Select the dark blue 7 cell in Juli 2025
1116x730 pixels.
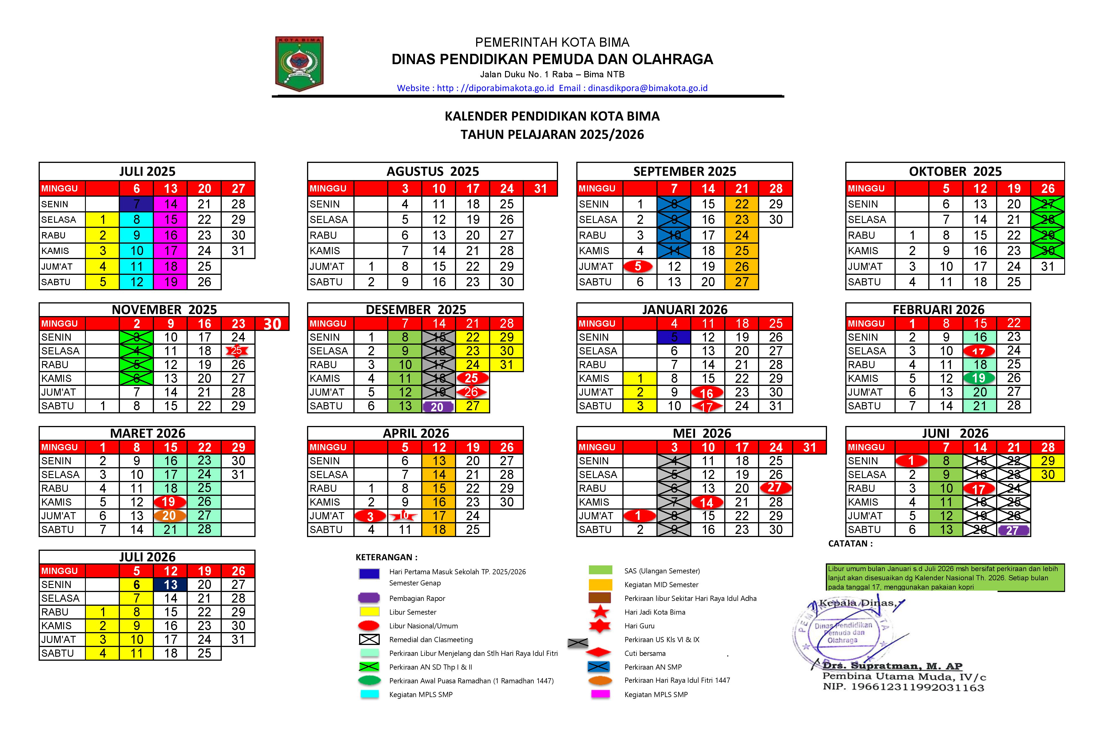(136, 204)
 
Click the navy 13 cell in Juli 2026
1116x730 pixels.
(170, 585)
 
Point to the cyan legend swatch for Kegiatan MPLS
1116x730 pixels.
(369, 694)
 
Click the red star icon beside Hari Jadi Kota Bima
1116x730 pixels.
(600, 612)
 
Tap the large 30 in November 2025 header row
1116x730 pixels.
(272, 324)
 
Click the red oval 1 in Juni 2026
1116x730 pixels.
(911, 461)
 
